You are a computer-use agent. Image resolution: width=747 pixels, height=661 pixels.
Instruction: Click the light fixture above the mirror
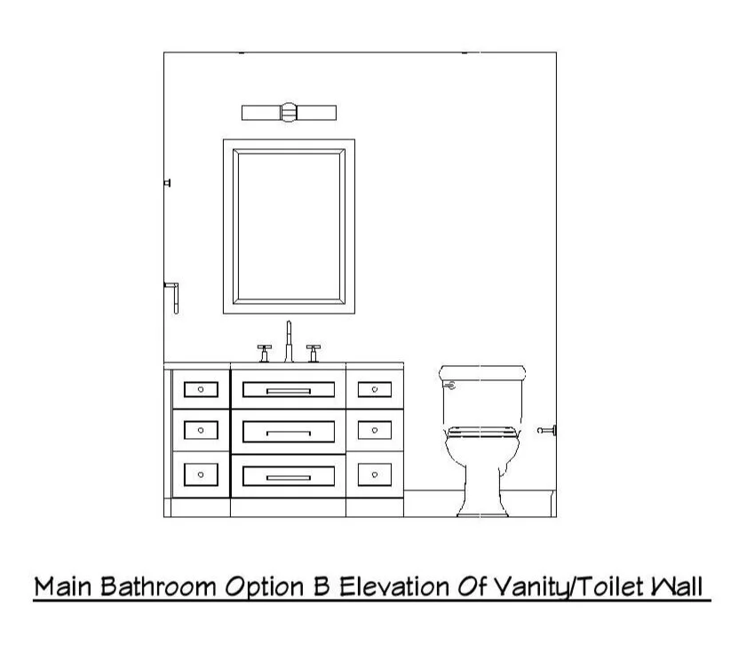click(x=289, y=112)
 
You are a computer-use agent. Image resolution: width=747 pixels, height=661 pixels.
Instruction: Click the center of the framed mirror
click(x=289, y=226)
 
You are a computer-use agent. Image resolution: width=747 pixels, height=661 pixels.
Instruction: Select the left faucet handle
click(x=264, y=352)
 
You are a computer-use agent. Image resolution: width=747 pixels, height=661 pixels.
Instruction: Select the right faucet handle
click(x=313, y=352)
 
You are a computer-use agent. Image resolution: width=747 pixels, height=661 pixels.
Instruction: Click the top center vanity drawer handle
click(x=289, y=389)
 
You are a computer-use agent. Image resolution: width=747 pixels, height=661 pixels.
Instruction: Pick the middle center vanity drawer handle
click(x=289, y=433)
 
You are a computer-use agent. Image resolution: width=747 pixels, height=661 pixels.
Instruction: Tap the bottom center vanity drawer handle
click(x=289, y=477)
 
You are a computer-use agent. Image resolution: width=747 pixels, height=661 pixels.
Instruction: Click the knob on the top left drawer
click(x=201, y=389)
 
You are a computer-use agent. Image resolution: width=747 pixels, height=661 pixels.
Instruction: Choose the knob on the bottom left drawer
click(x=201, y=474)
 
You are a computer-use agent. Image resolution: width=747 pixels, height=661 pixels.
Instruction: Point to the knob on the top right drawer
click(x=375, y=389)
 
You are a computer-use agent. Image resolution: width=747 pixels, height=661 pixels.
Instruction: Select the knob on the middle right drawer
click(x=375, y=431)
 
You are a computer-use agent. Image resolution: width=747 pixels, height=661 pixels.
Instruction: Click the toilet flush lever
click(x=449, y=386)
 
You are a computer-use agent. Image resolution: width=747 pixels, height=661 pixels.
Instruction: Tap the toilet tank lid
click(x=482, y=371)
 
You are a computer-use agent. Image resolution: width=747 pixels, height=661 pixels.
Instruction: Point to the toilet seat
click(x=482, y=433)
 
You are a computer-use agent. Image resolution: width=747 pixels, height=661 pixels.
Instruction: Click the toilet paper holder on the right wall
click(x=547, y=431)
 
